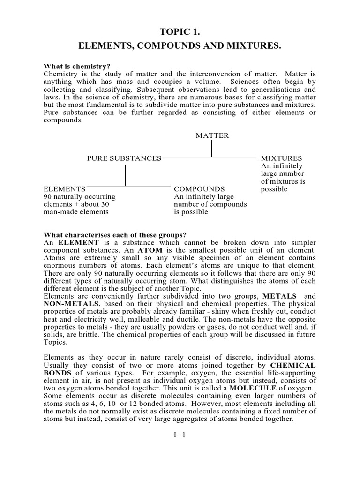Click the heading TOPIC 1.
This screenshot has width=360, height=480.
180,31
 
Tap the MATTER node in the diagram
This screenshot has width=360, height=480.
212,135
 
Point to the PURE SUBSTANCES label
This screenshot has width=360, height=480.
124,158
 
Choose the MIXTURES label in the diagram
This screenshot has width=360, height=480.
281,158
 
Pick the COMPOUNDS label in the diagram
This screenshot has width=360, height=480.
199,189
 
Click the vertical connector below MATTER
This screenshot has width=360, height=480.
211,149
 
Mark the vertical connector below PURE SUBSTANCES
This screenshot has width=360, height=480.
125,175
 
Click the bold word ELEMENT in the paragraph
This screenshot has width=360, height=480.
79,242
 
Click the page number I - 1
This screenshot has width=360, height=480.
180,435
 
